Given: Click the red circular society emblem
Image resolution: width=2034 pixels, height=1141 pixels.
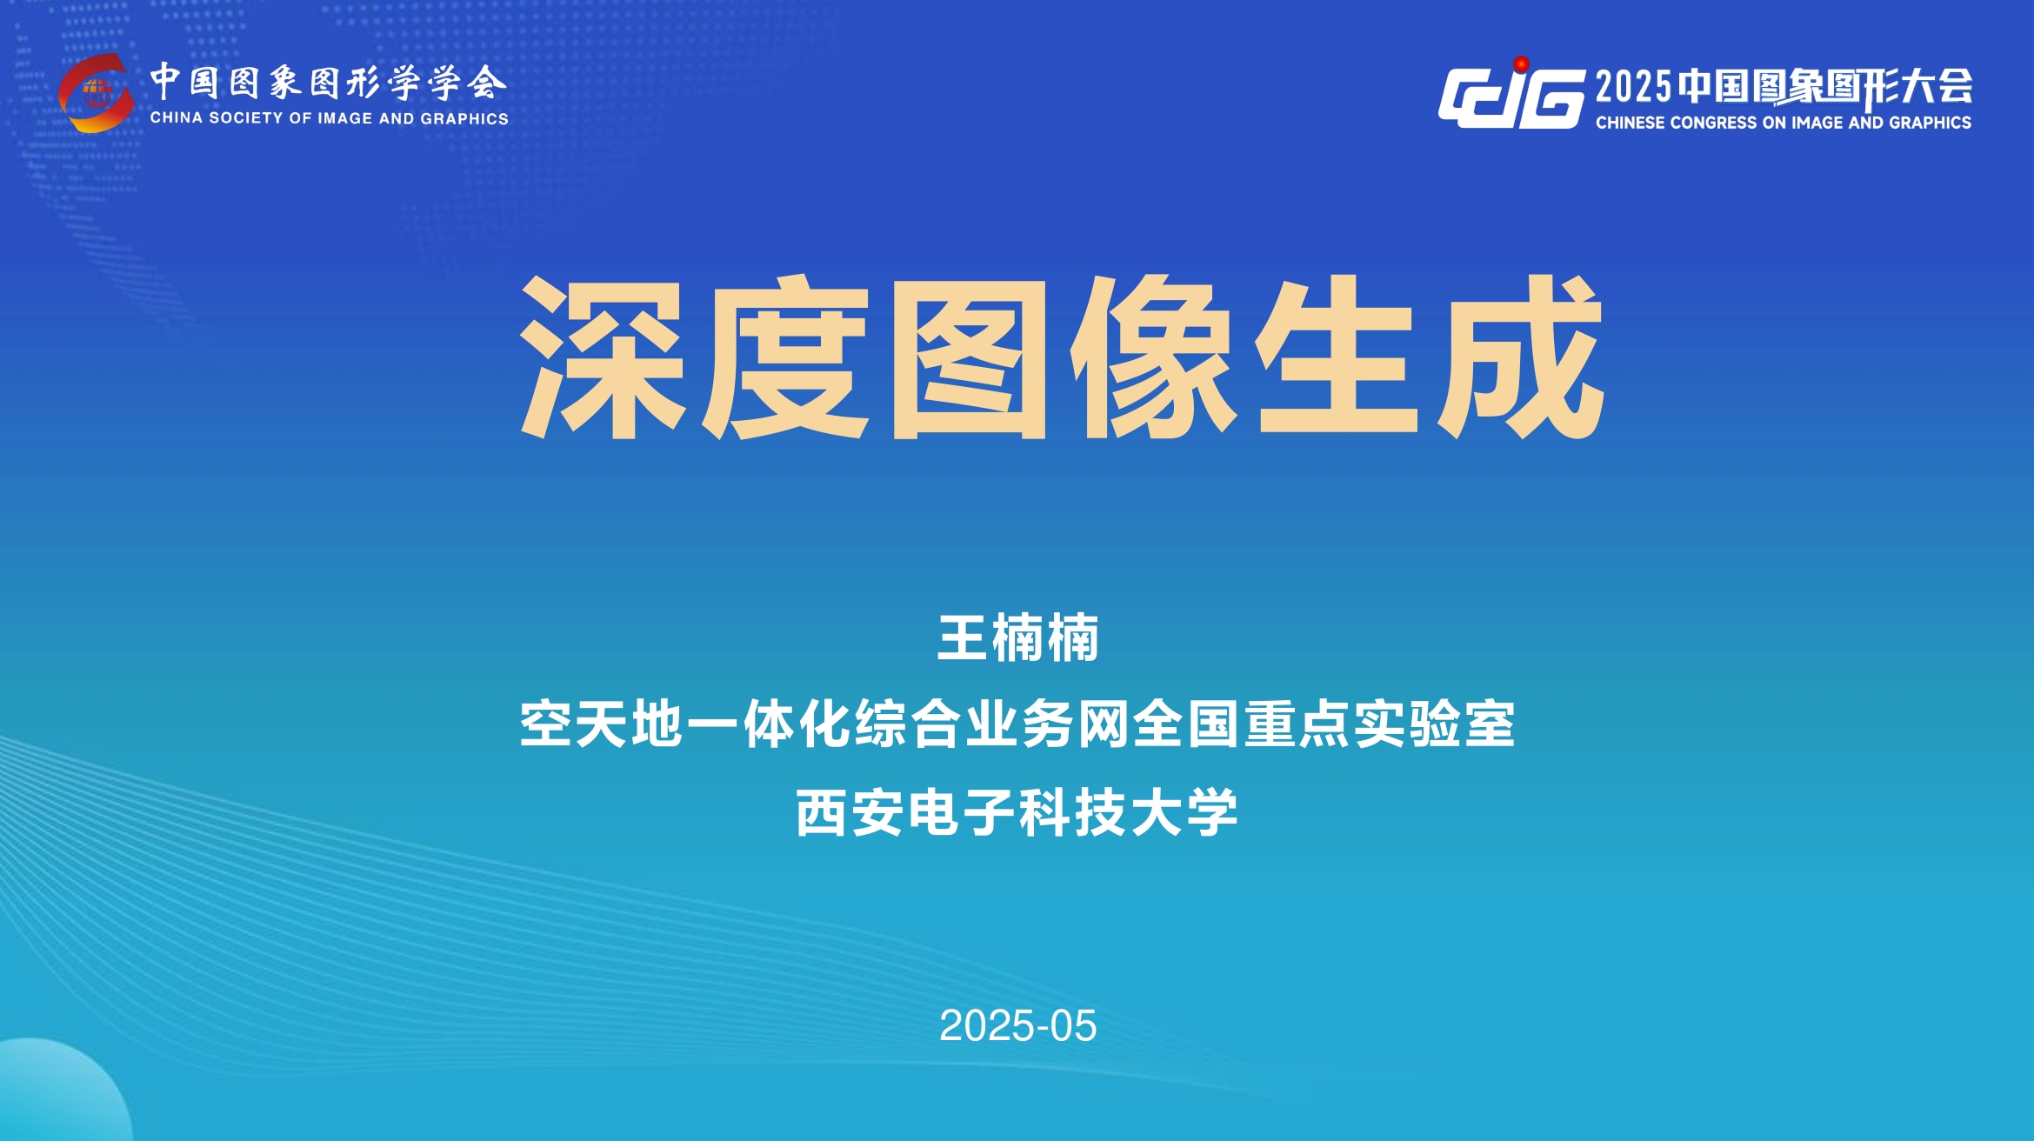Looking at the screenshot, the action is click(x=96, y=92).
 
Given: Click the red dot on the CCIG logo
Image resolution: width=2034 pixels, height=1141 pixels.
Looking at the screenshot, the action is click(x=1521, y=64).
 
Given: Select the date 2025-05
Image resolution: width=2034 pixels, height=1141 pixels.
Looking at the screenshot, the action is click(x=1017, y=1026).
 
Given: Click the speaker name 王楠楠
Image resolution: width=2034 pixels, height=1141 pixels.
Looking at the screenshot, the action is click(x=1017, y=637).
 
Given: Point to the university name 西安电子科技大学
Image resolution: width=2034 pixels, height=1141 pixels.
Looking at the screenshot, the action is click(x=1017, y=813).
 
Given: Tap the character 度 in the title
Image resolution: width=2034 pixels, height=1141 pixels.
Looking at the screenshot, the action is click(x=786, y=357).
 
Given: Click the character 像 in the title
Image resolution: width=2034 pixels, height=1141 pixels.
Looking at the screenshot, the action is click(x=1153, y=357).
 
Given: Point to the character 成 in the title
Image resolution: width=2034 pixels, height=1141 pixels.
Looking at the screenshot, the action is click(x=1520, y=357).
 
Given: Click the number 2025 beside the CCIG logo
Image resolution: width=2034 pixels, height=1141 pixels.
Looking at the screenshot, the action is click(x=1634, y=87).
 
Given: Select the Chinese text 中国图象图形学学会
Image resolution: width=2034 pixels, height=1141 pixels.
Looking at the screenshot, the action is click(x=328, y=83).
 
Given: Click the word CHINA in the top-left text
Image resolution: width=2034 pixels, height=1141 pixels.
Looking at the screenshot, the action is click(x=177, y=118).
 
